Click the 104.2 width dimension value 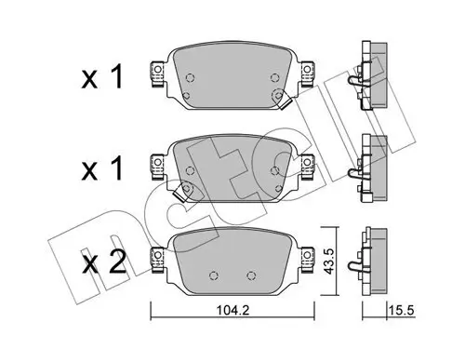[232, 310]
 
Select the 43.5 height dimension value [328, 261]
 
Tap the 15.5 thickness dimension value [403, 310]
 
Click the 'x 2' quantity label [104, 262]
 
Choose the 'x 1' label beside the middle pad [102, 168]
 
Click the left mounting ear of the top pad [157, 74]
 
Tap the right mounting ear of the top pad [307, 74]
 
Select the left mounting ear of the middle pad [157, 167]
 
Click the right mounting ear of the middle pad [307, 167]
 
